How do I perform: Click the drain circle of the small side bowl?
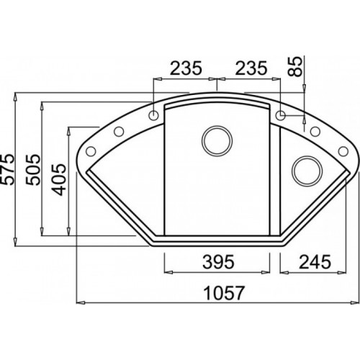point(305,172)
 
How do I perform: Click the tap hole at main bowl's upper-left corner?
point(155,115)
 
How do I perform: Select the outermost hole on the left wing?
point(91,150)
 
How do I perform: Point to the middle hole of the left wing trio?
point(115,132)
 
